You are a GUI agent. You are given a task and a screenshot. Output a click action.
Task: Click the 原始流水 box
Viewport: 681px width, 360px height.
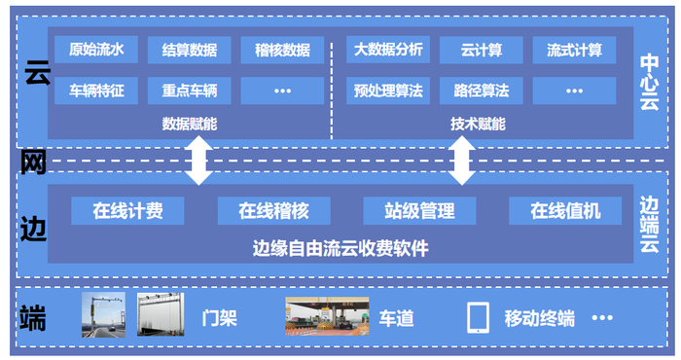[x=95, y=51]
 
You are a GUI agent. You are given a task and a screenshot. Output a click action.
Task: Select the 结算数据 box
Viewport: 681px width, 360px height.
[x=189, y=51]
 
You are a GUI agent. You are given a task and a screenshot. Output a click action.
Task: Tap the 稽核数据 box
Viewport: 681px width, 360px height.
[x=282, y=51]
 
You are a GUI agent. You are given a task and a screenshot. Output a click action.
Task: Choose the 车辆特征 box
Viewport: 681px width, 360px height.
[x=95, y=91]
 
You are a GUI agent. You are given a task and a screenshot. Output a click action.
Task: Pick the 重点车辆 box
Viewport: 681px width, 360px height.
[x=189, y=91]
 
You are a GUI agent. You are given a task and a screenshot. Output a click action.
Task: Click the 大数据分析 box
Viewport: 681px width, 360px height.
[x=388, y=51]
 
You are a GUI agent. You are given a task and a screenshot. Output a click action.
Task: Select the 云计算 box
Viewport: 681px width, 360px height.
[x=481, y=51]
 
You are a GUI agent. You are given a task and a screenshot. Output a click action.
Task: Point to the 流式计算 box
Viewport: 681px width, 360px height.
[x=574, y=51]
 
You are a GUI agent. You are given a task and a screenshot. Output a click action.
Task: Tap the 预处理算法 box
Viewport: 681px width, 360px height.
[x=388, y=91]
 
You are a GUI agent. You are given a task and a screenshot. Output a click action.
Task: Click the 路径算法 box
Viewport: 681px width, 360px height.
[x=481, y=91]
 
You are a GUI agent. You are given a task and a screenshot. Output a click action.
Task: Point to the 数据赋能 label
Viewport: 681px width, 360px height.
[x=189, y=124]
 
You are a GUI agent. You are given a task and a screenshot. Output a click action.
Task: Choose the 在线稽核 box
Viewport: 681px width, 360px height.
[x=274, y=210]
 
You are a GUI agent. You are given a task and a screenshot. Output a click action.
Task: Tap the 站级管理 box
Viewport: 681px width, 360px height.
[x=419, y=210]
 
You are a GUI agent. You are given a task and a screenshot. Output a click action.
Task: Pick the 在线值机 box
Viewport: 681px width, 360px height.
[x=565, y=210]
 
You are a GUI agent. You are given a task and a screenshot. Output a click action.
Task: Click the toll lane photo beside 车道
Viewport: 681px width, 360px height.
[x=327, y=316]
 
